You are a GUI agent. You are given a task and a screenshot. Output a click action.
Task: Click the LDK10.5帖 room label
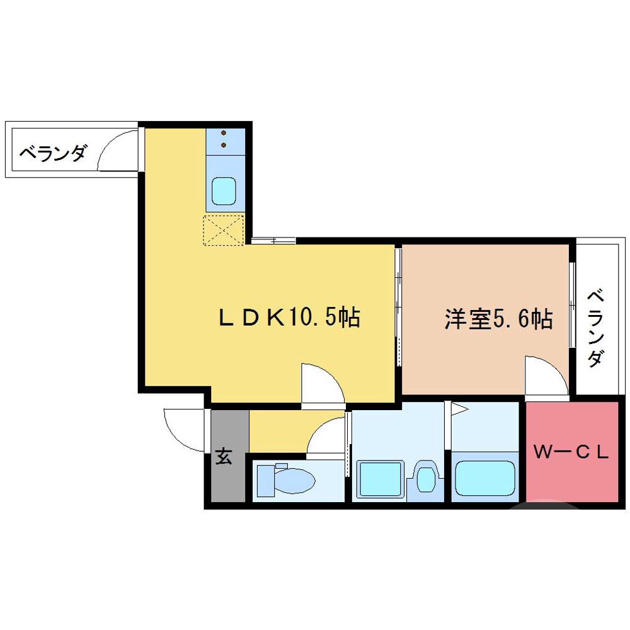coord(289,318)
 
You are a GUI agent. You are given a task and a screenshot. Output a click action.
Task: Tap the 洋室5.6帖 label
coord(498,319)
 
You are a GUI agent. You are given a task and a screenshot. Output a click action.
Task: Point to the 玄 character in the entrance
coord(224,455)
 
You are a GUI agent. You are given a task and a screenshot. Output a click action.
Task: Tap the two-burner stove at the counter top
coord(223,139)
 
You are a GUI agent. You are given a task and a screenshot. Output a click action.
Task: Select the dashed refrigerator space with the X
coord(223,230)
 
